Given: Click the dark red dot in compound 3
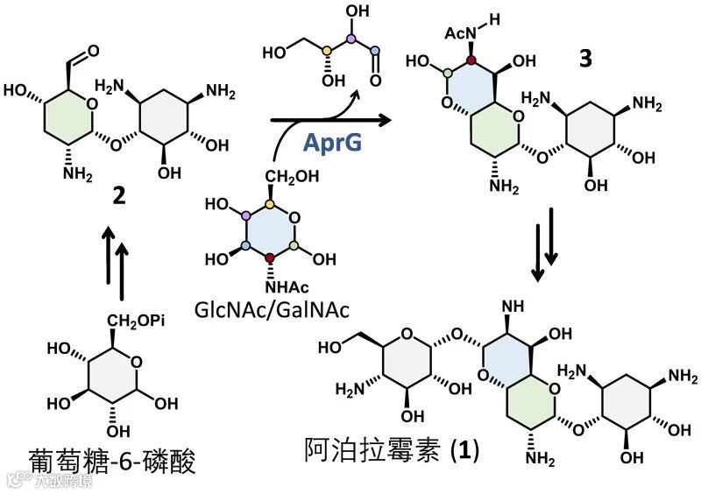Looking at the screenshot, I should (471, 60).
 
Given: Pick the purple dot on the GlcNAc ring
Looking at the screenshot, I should (246, 216).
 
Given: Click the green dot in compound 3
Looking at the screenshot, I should (446, 74).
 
